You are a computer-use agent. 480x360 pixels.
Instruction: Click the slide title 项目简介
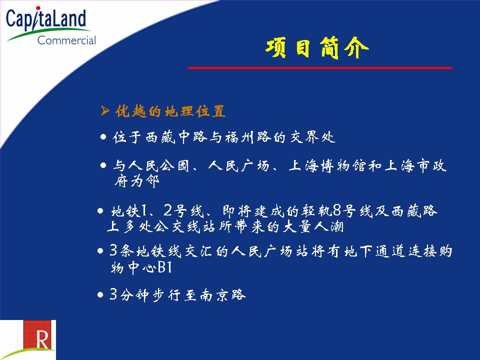(x=317, y=48)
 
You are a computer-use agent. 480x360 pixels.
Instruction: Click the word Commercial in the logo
(x=66, y=40)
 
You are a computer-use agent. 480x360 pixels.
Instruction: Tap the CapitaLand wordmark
(x=46, y=19)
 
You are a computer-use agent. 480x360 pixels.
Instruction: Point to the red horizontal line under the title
(x=320, y=67)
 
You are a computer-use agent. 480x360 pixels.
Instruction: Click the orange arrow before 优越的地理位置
(x=104, y=110)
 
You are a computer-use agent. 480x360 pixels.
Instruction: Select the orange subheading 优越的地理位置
(x=170, y=111)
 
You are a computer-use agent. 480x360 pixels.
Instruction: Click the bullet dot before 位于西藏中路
(x=103, y=137)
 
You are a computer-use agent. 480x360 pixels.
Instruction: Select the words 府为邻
(x=137, y=181)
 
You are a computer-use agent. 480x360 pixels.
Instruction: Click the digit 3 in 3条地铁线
(x=113, y=250)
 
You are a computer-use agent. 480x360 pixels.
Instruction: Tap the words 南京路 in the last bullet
(x=223, y=295)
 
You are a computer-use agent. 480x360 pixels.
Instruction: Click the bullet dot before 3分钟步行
(x=100, y=295)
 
